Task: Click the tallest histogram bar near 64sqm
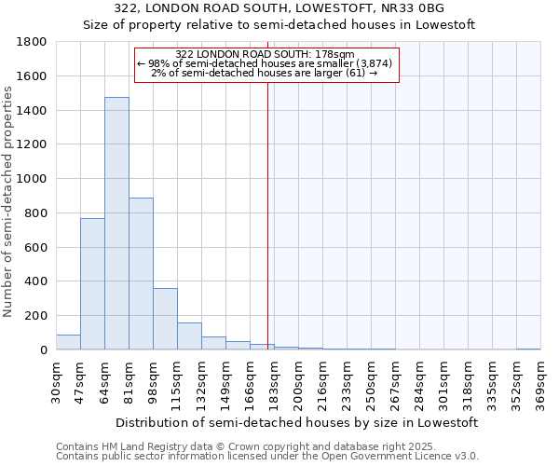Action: coord(116,224)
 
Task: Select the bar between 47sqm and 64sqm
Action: coord(92,283)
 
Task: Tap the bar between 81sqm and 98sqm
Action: coord(141,274)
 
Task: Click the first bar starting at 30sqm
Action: coord(68,342)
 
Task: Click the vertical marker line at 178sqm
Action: coord(268,233)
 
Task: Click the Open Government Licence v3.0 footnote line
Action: coord(267,457)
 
